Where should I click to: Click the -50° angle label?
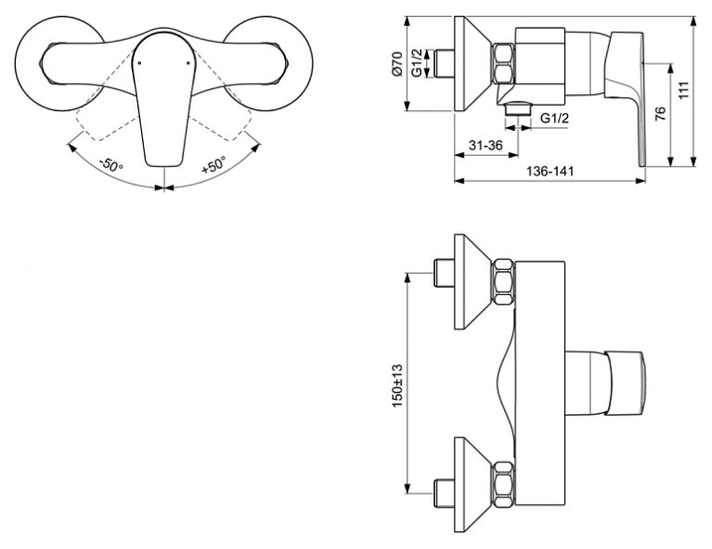pos(111,163)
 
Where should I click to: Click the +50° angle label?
pos(213,164)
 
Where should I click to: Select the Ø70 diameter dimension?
pos(397,63)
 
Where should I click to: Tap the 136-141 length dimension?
pos(550,172)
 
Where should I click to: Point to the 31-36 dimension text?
pos(486,146)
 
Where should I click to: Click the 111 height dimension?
pos(684,90)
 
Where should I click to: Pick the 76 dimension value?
pos(661,113)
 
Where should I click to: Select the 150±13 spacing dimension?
pos(397,386)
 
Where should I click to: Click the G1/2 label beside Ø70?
pos(418,63)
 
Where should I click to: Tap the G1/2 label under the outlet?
pos(554,118)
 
